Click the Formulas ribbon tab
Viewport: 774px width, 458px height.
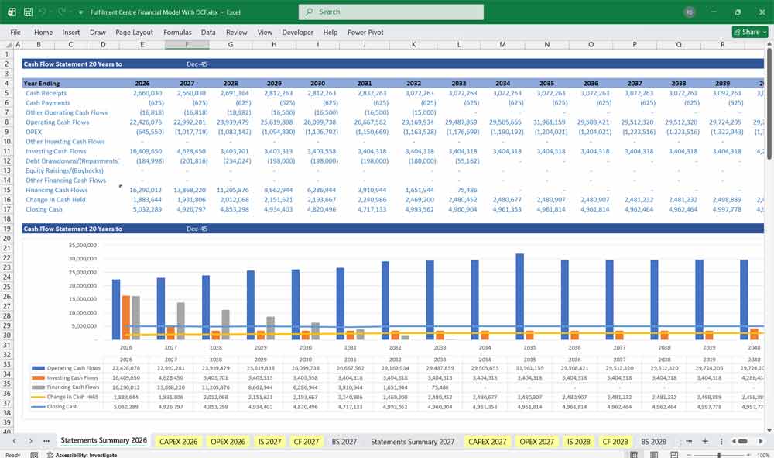(177, 33)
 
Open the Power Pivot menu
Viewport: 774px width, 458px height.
(365, 33)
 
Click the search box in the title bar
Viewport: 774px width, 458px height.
(391, 12)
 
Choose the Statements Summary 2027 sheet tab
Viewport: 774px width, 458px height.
(412, 442)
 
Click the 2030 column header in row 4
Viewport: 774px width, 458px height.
(317, 83)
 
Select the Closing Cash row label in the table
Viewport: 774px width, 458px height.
(44, 209)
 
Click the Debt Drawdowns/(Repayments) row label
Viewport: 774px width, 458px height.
(71, 161)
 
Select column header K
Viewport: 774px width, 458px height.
(413, 45)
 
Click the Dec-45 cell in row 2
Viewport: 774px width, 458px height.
(197, 64)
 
